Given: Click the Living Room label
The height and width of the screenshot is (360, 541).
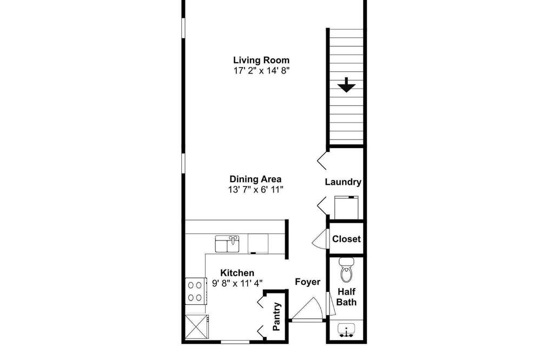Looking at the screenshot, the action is (261, 60).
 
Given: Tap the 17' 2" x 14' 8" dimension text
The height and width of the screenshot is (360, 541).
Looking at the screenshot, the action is (261, 71).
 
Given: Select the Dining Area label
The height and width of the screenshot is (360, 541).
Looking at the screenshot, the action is (255, 179).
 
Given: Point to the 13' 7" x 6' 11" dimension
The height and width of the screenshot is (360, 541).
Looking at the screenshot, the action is (255, 190).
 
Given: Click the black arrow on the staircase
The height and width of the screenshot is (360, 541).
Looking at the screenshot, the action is (346, 85).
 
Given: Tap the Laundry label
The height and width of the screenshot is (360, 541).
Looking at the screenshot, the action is (343, 182).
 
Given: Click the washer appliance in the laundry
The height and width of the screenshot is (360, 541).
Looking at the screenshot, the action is (346, 208).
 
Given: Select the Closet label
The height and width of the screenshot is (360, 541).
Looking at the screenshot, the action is (346, 239).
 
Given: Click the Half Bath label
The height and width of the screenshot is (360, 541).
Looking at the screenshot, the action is (346, 297).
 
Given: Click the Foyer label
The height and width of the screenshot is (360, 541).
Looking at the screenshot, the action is (307, 282).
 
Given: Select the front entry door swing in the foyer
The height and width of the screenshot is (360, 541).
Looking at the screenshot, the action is (307, 309).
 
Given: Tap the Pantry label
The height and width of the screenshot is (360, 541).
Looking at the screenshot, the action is (276, 317).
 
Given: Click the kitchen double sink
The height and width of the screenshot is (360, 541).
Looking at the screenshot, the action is (227, 244).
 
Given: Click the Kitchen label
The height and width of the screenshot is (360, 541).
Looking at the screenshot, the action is (237, 273).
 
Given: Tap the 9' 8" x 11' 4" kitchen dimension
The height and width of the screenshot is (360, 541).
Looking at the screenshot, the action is (237, 283).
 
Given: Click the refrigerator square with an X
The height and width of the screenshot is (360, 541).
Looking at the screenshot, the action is (196, 326).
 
